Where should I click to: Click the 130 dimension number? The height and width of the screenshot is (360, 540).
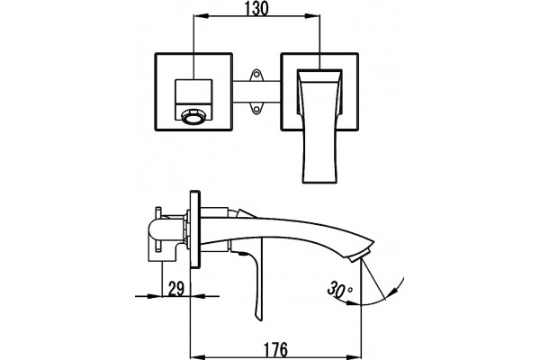click(256, 8)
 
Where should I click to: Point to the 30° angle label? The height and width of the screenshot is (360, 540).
click(339, 289)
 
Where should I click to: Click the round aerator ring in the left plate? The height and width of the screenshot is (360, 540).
click(193, 116)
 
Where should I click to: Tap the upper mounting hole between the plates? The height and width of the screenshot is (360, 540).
click(256, 75)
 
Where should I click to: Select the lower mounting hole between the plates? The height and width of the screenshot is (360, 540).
click(256, 108)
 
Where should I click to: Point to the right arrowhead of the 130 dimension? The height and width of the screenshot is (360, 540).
click(312, 15)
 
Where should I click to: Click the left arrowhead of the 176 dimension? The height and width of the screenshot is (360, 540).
click(198, 355)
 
